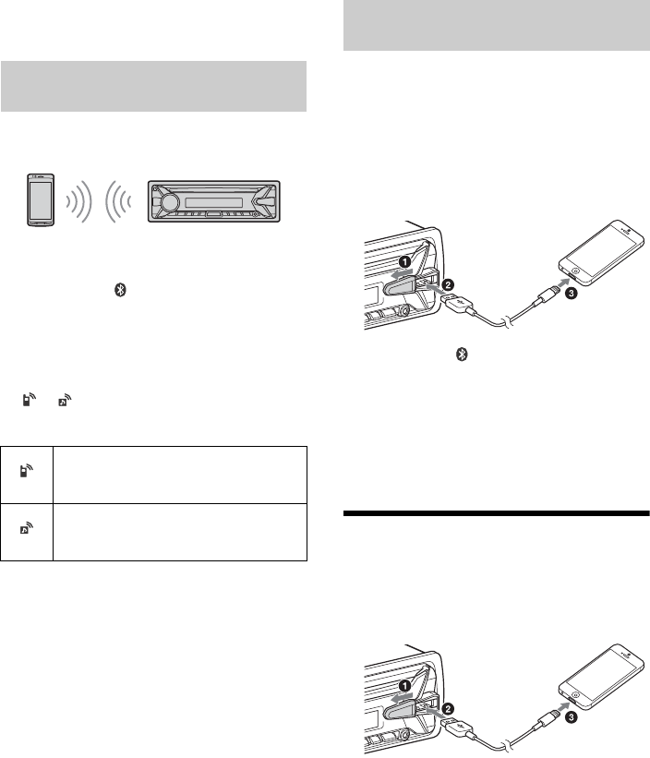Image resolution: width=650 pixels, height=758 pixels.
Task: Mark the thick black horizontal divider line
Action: [497, 513]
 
